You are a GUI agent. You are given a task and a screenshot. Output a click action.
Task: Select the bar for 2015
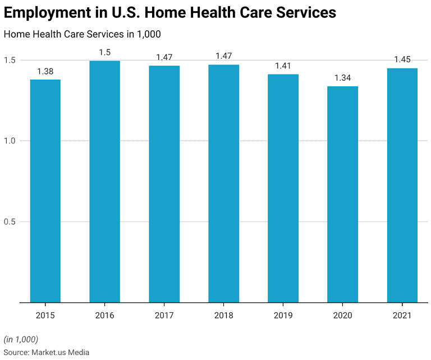coord(45,191)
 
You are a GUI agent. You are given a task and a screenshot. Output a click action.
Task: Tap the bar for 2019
coord(283,188)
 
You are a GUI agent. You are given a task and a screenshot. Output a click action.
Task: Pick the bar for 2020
coord(342,194)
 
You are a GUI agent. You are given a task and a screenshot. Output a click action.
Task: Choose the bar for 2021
coord(402,185)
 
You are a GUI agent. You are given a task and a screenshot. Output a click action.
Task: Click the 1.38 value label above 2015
coord(45,71)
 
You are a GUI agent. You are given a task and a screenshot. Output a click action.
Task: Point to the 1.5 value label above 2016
coord(104,52)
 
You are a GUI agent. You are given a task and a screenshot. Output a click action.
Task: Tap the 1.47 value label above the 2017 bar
coord(164,57)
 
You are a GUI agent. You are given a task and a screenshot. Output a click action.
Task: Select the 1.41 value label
coord(283,66)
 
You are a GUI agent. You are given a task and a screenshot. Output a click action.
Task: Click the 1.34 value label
coord(342,78)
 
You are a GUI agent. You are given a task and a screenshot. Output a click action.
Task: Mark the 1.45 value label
coord(402,59)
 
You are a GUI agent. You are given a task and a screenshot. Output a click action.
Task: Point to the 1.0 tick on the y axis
coord(10,141)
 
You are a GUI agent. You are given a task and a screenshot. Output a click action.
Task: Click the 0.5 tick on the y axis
coord(10,221)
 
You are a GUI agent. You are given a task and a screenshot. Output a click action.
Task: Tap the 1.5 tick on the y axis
coord(10,60)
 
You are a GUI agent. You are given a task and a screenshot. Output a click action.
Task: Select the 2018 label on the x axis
coord(223,315)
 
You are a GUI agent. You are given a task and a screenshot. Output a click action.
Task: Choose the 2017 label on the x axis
coord(164,315)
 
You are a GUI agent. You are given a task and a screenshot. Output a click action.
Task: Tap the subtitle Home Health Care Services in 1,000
coord(82,34)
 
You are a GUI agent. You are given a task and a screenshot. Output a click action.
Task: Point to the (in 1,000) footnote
coord(21,339)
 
